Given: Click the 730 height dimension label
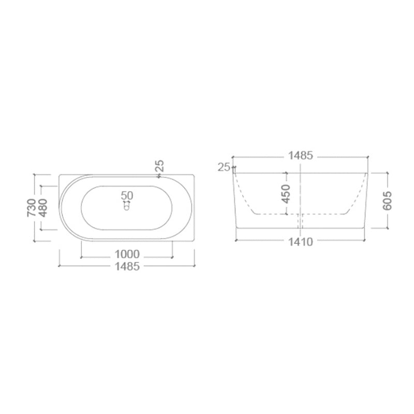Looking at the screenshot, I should (x=31, y=208).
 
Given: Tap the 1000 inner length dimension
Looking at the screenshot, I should (x=127, y=255).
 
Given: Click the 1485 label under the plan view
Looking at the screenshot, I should (x=127, y=267).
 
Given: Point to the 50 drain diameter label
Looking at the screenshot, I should (x=127, y=196).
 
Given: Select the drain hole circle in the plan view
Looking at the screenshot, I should (x=126, y=208).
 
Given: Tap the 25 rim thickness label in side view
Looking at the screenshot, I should (x=224, y=167).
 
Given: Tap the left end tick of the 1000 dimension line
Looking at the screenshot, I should (x=81, y=255).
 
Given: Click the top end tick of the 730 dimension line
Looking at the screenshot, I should (x=35, y=175).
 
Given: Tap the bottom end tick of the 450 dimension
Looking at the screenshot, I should (x=284, y=214).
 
